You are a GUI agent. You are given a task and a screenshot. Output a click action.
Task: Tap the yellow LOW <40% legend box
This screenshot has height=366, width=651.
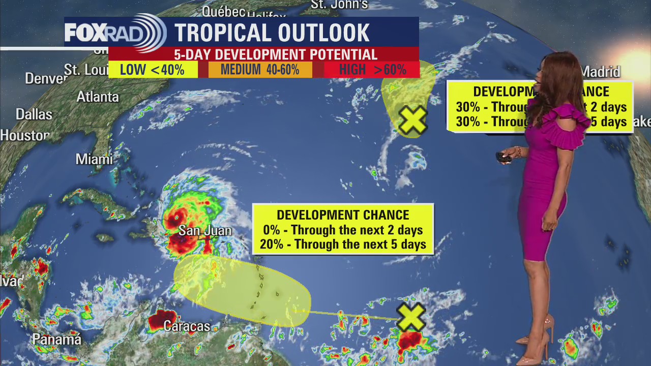coord(153,70)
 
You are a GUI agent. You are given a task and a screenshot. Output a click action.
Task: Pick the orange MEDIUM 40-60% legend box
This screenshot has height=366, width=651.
coord(260,70)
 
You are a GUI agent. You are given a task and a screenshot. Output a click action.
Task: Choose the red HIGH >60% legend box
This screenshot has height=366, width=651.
coord(372,70)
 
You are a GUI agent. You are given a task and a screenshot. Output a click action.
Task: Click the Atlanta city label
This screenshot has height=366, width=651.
coord(98,97)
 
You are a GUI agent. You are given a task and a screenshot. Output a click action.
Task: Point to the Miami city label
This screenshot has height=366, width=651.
coord(94,159)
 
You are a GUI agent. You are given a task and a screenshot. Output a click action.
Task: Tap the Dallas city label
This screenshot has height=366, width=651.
coord(34,114)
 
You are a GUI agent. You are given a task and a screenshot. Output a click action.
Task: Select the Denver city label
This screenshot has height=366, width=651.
coord(46,79)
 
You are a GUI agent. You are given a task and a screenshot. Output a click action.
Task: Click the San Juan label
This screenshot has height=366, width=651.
coord(205,231)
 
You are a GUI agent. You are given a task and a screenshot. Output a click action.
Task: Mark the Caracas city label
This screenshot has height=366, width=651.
coord(187,326)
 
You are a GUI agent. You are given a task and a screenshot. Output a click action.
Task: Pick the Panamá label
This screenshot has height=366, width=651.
coord(56,339)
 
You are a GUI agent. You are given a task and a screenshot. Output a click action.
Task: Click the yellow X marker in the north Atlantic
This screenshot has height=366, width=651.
coord(412,121)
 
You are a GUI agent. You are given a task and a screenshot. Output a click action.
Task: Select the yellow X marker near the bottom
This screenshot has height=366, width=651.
coord(411,317)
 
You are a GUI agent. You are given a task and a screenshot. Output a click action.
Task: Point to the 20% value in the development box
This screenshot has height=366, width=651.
coord(270,245)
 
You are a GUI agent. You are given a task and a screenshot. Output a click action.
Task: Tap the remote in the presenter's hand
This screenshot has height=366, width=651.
coord(504,158)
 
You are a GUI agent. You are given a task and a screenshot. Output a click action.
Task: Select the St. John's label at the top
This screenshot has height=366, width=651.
coord(339,5)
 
